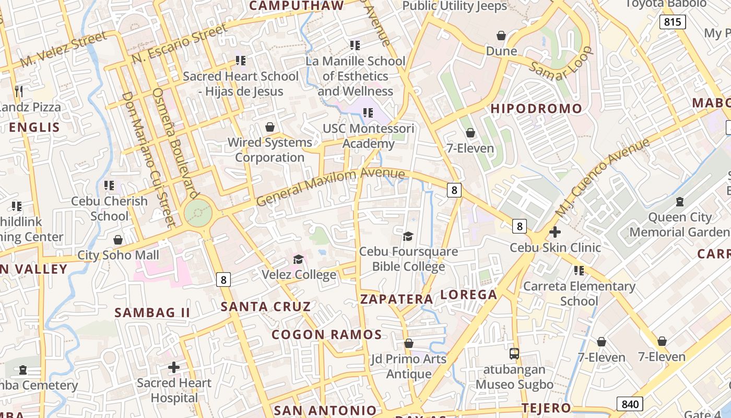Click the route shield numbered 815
tap(673, 21)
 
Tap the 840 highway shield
tap(630, 404)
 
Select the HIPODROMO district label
tap(537, 109)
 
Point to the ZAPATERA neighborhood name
tap(397, 299)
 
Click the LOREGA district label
tap(469, 295)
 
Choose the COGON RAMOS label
tap(327, 335)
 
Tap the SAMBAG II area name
tap(152, 313)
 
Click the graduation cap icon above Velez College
tap(298, 260)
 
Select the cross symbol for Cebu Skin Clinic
tap(555, 232)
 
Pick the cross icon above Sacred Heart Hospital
tap(174, 368)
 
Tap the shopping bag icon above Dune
tap(501, 36)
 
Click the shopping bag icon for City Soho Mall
tap(118, 240)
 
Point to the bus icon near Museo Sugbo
tap(514, 354)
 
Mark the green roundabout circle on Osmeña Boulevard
tap(198, 214)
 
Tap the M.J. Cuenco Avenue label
tap(602, 178)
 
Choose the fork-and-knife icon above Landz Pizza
tap(19, 91)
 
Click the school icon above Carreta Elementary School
tap(579, 270)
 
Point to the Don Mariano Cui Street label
tap(148, 159)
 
